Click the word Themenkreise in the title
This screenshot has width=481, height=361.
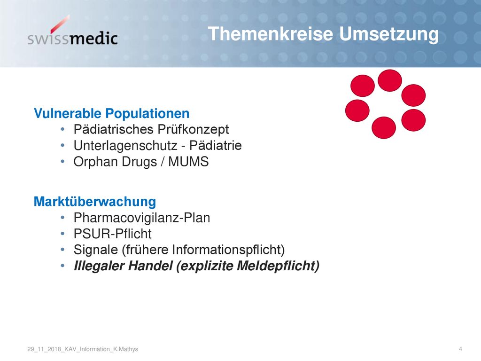pyautogui.click(x=271, y=33)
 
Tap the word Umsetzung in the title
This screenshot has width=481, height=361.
pyautogui.click(x=389, y=34)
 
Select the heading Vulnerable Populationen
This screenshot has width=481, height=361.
pyautogui.click(x=112, y=113)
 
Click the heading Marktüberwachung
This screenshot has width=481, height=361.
pyautogui.click(x=95, y=202)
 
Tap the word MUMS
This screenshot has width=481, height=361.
pyautogui.click(x=188, y=162)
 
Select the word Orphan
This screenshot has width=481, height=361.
pyautogui.click(x=96, y=162)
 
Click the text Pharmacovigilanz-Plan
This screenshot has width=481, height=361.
pyautogui.click(x=142, y=218)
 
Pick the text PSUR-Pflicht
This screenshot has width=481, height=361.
pyautogui.click(x=113, y=234)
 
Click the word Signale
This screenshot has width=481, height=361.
pyautogui.click(x=96, y=250)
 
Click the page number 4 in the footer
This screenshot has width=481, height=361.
pyautogui.click(x=460, y=349)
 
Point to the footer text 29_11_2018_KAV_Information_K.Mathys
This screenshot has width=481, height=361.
pyautogui.click(x=83, y=349)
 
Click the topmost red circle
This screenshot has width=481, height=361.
pyautogui.click(x=389, y=80)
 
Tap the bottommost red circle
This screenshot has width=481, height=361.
pyautogui.click(x=384, y=128)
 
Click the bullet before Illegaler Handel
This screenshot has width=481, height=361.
pyautogui.click(x=62, y=266)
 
